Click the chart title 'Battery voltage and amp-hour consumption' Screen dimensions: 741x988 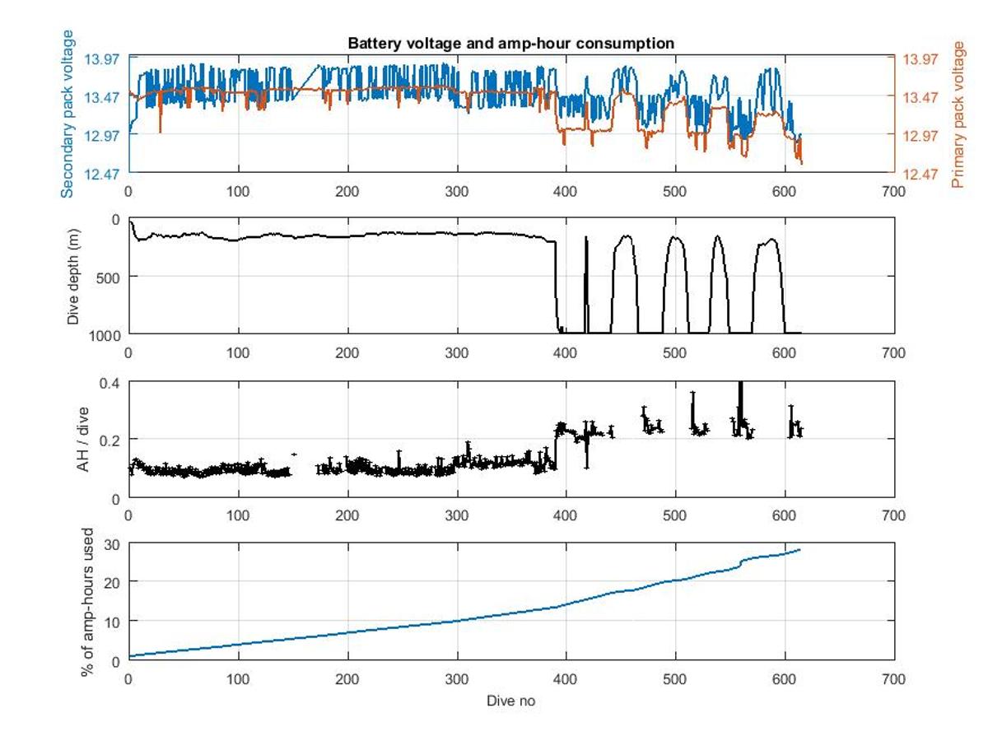510,43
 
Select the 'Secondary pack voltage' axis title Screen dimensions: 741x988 68,114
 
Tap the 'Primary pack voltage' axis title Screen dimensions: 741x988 957,114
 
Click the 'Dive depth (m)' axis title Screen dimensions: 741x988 73,276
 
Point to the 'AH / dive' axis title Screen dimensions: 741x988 82,440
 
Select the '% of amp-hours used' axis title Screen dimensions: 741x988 86,602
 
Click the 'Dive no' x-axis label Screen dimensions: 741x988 510,701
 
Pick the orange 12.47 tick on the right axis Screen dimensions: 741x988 920,174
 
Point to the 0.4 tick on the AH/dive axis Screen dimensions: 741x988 110,382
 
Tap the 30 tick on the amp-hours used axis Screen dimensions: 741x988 112,543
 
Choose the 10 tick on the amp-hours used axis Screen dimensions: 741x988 112,620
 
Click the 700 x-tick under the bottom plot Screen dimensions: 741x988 894,679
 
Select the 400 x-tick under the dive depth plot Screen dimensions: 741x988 566,353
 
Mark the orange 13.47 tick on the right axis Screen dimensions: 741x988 920,96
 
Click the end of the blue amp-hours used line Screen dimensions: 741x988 799,549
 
